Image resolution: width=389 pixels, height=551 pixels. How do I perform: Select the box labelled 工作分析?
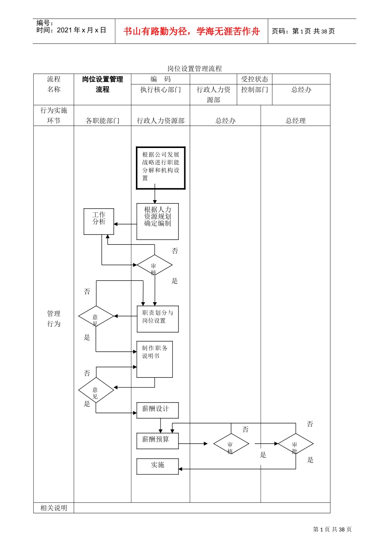pos(99,221)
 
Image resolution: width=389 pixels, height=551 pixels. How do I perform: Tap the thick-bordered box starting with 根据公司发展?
pos(161,168)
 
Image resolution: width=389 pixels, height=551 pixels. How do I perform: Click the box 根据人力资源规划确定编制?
pos(158,221)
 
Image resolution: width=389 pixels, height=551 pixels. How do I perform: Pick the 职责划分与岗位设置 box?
pos(158,319)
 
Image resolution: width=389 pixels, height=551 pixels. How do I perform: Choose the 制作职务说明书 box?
pos(154,359)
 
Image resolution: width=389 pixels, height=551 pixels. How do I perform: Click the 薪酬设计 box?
pos(158,410)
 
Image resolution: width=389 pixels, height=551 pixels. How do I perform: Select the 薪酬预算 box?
pos(158,441)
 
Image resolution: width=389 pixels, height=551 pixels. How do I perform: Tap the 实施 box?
pos(158,467)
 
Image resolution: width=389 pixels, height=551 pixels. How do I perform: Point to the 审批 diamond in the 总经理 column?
pos(296,444)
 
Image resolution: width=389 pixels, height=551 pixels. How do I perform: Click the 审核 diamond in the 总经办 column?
pos(231,444)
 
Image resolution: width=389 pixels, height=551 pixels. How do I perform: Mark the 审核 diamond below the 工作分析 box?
pos(154,265)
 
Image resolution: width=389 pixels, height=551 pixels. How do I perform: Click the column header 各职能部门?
pos(102,121)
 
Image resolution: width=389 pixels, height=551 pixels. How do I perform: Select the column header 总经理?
pos(295,121)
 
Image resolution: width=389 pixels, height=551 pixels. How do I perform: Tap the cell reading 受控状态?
pos(255,79)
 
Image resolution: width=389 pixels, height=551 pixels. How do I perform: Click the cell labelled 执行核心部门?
pos(161,89)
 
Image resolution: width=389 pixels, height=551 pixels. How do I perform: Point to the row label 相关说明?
pos(54,508)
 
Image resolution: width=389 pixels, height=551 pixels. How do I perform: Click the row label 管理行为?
pos(54,319)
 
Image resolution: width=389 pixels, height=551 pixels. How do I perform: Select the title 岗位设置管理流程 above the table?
pos(194,68)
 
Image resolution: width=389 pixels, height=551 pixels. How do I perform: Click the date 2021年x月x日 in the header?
pos(81,30)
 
